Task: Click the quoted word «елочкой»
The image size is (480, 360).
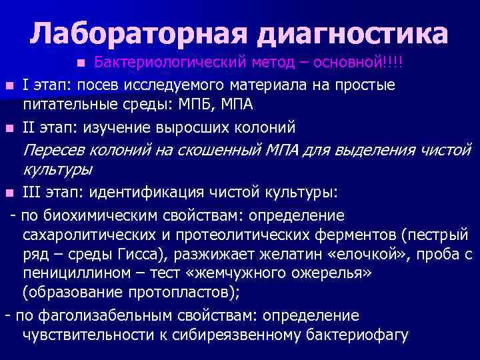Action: tap(341, 255)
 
